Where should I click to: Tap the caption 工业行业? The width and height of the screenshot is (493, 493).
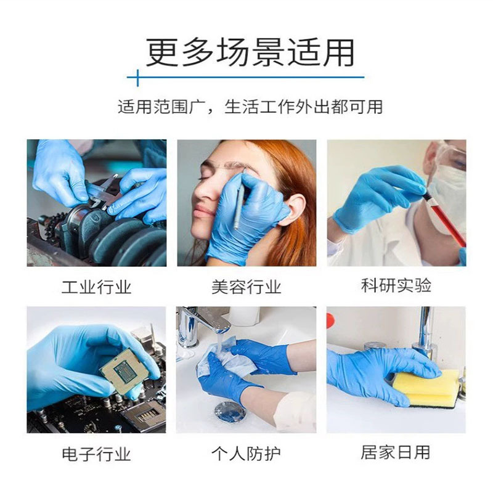96,287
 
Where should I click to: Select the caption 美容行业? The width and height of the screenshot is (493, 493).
246,287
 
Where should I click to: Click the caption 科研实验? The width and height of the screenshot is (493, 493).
396,286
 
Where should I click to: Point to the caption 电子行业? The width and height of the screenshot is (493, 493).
96,455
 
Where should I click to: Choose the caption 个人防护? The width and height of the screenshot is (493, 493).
246,455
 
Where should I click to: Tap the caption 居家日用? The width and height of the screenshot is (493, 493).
396,453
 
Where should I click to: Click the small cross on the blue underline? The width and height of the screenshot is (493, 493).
137,78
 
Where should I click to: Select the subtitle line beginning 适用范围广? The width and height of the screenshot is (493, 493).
250,107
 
